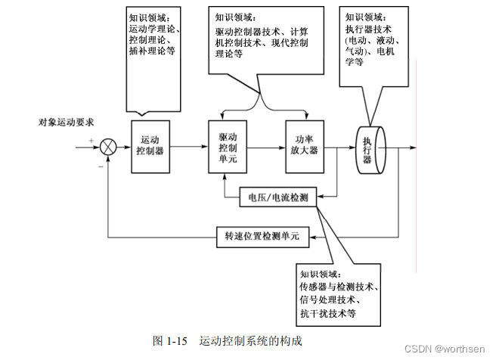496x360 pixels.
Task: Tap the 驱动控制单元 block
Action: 228,144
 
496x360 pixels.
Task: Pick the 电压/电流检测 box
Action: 278,197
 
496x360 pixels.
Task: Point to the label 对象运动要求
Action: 66,122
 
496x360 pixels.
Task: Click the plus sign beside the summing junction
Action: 91,141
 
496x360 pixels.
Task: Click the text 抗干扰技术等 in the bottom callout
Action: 327,312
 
